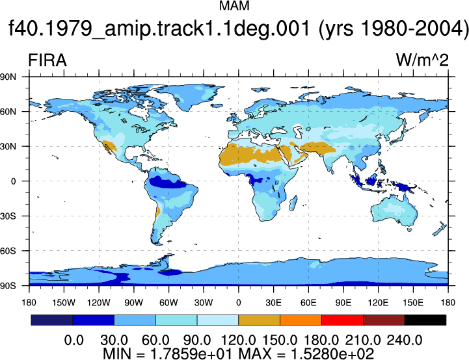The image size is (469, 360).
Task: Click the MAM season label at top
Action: click(x=234, y=6)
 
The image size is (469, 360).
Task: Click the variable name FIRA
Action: click(x=47, y=60)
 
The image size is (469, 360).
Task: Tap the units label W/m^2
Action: click(x=422, y=60)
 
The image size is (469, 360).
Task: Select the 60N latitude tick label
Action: click(x=8, y=112)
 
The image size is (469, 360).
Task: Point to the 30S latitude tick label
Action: click(x=8, y=216)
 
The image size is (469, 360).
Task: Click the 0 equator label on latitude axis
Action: click(x=13, y=181)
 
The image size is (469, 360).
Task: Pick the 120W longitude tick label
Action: click(x=99, y=303)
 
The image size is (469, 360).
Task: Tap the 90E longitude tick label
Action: click(x=343, y=303)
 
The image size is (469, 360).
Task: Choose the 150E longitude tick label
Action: click(x=413, y=303)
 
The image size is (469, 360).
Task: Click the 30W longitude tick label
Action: click(x=204, y=303)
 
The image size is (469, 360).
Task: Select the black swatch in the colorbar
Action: click(x=425, y=320)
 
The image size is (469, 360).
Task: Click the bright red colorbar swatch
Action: click(x=342, y=320)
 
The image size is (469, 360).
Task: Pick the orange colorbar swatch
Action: click(x=301, y=320)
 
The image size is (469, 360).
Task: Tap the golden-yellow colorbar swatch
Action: click(x=260, y=320)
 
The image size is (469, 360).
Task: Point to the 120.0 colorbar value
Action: click(x=238, y=341)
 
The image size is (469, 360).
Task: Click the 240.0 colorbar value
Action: click(x=405, y=341)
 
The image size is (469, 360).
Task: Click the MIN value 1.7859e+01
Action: click(x=191, y=354)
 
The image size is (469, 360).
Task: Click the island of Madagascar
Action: click(x=293, y=203)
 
